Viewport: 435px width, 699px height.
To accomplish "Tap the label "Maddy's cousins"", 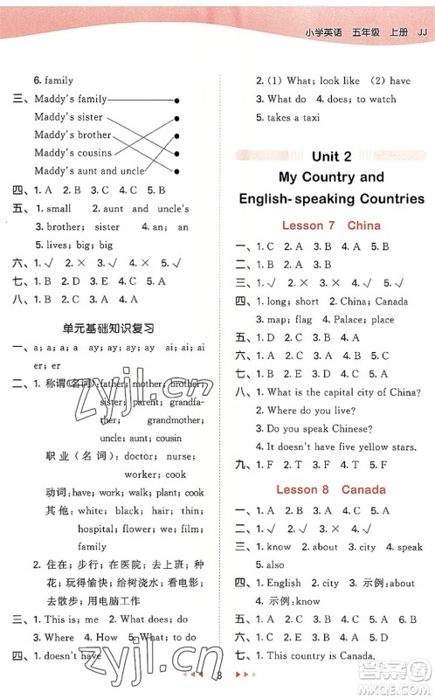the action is pyautogui.click(x=74, y=153).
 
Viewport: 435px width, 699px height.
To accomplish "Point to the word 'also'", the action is pyautogui.click(x=275, y=564).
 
